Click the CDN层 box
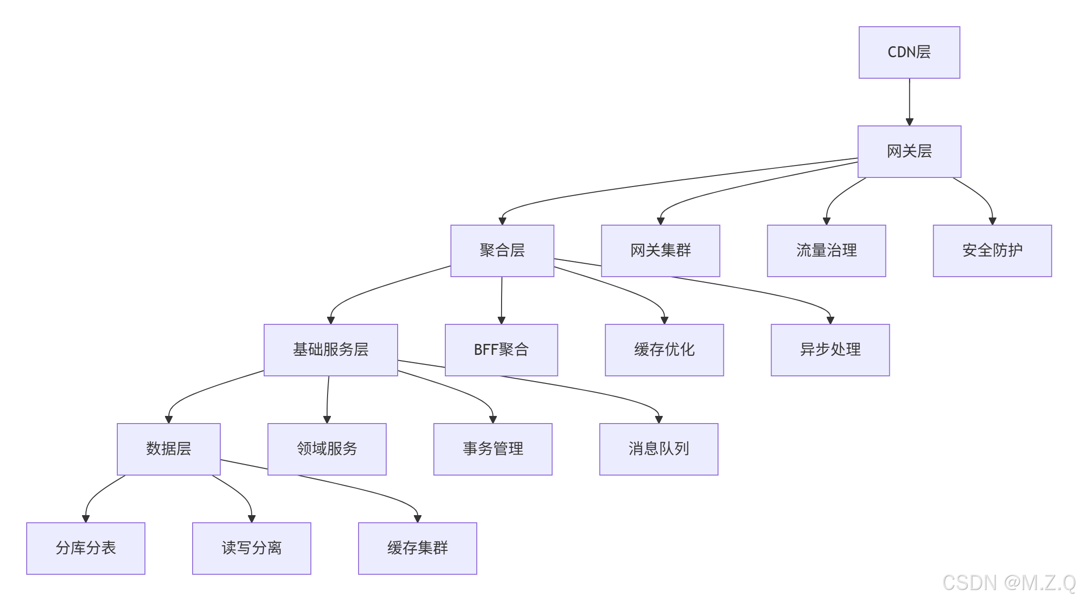[909, 52]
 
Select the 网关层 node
[909, 152]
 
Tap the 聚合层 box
[502, 250]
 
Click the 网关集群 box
[660, 250]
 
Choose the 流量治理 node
[826, 250]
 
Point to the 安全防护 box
[992, 250]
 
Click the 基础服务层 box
[330, 350]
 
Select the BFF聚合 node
[501, 350]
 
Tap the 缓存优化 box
[664, 350]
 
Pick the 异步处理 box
[830, 350]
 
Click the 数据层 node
[168, 449]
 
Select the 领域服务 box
[327, 449]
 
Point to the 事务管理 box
[493, 449]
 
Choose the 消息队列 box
[658, 449]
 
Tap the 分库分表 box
[85, 548]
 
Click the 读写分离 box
[251, 548]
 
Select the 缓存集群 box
[417, 548]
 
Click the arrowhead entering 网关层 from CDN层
[909, 122]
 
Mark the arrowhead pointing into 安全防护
[992, 221]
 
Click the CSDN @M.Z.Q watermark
[1008, 583]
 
